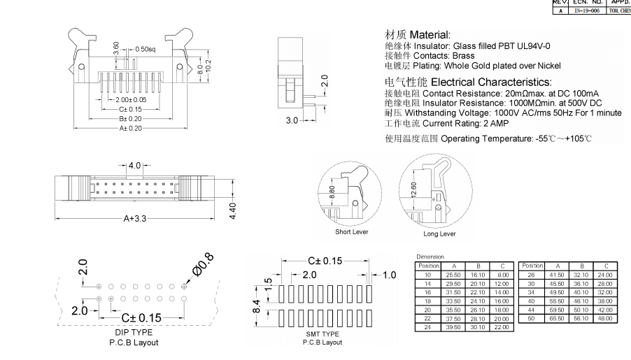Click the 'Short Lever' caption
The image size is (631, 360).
[x=351, y=231]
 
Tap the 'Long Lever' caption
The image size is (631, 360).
[x=438, y=233]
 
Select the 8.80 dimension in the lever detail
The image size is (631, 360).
[x=332, y=192]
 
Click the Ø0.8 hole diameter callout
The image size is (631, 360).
[x=199, y=268]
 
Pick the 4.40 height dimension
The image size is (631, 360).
[x=234, y=209]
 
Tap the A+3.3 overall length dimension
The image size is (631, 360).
[x=136, y=218]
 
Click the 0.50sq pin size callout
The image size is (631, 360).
[x=145, y=49]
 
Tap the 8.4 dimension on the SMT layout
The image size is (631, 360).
[x=257, y=305]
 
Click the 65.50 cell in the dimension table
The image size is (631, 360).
[x=557, y=318]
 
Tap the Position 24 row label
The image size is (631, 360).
[x=427, y=327]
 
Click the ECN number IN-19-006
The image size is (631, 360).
[x=585, y=11]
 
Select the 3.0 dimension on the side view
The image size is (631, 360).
[x=292, y=120]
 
